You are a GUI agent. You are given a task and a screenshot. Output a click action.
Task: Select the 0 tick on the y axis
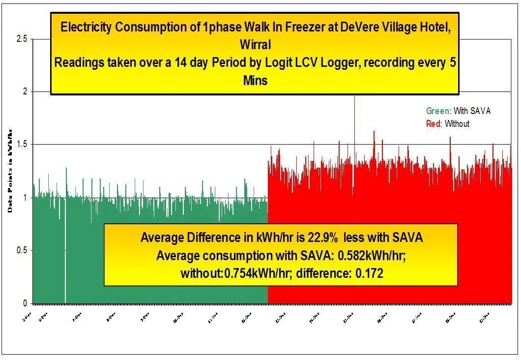tap(24, 303)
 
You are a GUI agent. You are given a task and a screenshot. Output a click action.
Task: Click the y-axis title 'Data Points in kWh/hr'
tap(10, 170)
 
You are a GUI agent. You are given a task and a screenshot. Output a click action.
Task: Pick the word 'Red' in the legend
tap(433, 124)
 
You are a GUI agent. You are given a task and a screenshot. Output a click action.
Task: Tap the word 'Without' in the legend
tap(457, 124)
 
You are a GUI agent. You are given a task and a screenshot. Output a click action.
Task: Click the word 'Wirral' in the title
tap(255, 44)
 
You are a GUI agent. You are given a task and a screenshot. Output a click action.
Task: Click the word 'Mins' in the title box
tap(255, 80)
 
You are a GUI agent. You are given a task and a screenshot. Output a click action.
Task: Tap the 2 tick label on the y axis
tap(24, 91)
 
